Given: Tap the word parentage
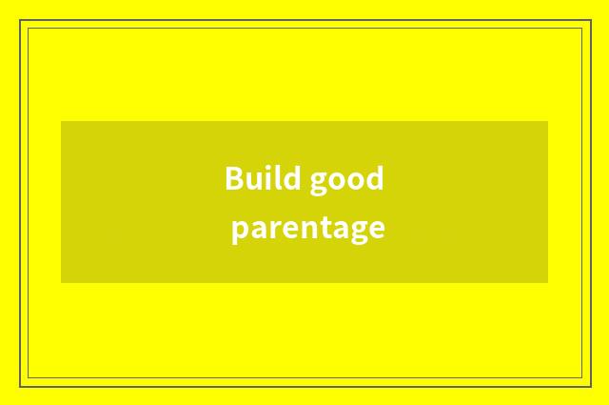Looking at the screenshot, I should (x=307, y=230).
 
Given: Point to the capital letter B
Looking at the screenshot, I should (x=233, y=178).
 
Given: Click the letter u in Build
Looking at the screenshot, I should (x=252, y=180).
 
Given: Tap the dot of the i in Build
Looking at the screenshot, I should (x=266, y=167).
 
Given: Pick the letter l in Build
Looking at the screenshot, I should (x=276, y=177).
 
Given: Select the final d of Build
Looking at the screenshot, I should (x=288, y=178).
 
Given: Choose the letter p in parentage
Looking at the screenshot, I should (x=239, y=232).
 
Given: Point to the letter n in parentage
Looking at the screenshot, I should (x=304, y=229).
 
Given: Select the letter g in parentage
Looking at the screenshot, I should (x=357, y=232).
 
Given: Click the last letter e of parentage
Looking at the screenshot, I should (x=376, y=229).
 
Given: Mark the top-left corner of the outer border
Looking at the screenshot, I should (x=20, y=20).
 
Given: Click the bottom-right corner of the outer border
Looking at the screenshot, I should (x=589, y=386).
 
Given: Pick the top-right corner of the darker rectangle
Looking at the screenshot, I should (x=547, y=121).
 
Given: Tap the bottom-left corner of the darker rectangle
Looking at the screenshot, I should (x=61, y=282).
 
